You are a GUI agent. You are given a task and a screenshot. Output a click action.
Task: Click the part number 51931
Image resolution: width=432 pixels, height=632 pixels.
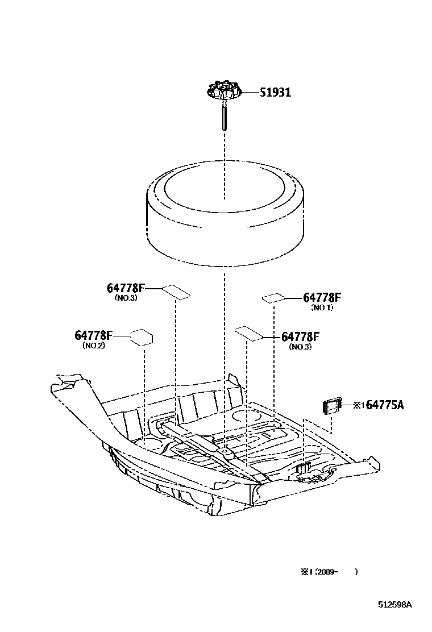[x=275, y=93]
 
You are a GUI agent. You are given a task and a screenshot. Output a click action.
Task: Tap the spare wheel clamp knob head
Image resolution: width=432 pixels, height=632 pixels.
[x=224, y=90]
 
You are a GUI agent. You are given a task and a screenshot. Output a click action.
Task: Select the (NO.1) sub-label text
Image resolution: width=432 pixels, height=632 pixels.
[x=322, y=307]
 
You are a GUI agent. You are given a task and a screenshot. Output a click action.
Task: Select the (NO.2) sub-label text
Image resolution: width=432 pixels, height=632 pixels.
[x=93, y=345]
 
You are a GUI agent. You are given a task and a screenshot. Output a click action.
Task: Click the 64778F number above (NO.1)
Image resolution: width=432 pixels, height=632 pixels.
[x=322, y=297]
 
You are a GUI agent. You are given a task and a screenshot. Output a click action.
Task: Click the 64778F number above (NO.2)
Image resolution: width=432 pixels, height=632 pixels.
[x=94, y=335]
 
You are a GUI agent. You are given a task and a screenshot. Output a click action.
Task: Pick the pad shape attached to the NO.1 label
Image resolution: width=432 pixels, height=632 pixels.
[x=273, y=297]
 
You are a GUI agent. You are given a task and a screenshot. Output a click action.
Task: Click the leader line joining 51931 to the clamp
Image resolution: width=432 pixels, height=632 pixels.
[x=250, y=92]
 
